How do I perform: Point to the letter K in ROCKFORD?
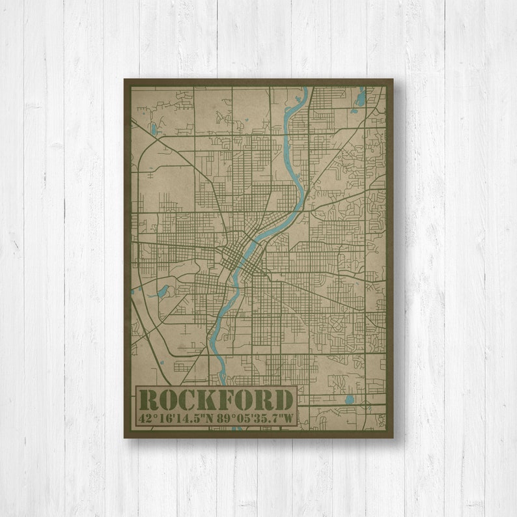click(208, 399)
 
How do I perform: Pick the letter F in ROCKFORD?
click(226, 399)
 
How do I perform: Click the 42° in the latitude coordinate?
click(147, 417)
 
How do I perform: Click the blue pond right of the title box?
click(350, 398)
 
